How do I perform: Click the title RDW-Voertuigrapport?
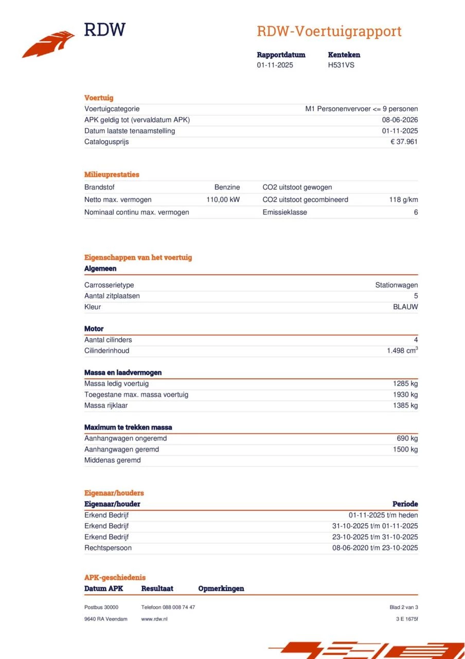[x=329, y=31]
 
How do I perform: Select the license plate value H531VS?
[x=341, y=65]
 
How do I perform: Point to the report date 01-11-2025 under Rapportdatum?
[x=275, y=65]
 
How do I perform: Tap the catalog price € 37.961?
[x=404, y=142]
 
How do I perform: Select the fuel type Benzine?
[x=227, y=187]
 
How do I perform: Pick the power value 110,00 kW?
[x=223, y=200]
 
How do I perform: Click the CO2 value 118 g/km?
[x=403, y=200]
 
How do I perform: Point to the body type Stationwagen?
[x=396, y=285]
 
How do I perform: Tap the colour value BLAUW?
[x=405, y=307]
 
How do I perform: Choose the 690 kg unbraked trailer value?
[x=407, y=439]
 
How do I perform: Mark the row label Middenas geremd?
[x=112, y=460]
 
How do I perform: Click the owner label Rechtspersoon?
[x=108, y=548]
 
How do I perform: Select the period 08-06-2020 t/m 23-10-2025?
[x=375, y=548]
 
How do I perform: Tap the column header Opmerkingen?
[x=221, y=588]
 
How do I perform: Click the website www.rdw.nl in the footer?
[x=154, y=619]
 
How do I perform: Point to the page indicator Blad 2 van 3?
[x=403, y=608]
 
